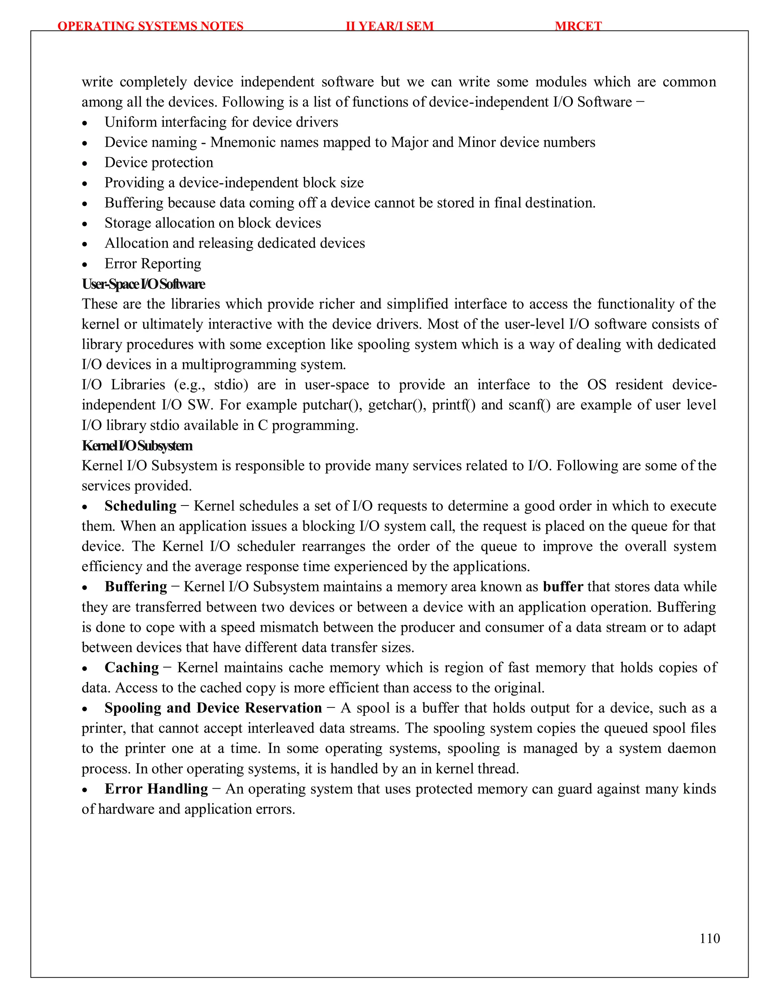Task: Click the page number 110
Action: click(x=709, y=938)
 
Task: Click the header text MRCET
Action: click(x=578, y=26)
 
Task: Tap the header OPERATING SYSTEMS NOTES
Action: click(x=151, y=26)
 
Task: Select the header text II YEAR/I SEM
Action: click(x=389, y=26)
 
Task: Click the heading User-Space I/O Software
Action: click(x=143, y=284)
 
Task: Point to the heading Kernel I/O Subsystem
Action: click(x=137, y=445)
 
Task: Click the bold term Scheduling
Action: click(x=140, y=506)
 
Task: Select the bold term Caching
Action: click(x=132, y=668)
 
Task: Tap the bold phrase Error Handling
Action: click(x=156, y=789)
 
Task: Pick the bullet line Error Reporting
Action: click(x=153, y=264)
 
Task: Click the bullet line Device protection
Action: click(x=159, y=162)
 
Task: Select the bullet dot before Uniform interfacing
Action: click(x=84, y=123)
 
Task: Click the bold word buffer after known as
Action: click(x=563, y=587)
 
